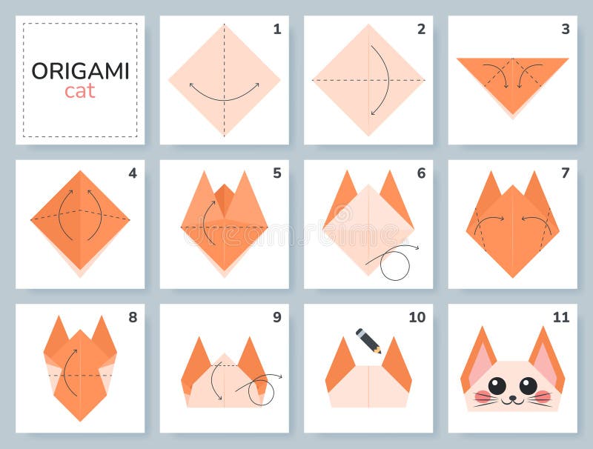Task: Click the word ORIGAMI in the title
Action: [80, 71]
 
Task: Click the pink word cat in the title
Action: [80, 92]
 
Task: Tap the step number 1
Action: [276, 30]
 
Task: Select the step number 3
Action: [565, 30]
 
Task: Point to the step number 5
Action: [276, 173]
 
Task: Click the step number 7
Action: [565, 173]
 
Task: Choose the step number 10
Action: [417, 317]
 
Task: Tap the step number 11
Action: [560, 317]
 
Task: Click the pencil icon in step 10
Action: [368, 340]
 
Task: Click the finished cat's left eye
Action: [497, 385]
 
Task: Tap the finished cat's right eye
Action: [528, 385]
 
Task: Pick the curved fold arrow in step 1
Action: [224, 94]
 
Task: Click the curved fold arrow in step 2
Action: [383, 80]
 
